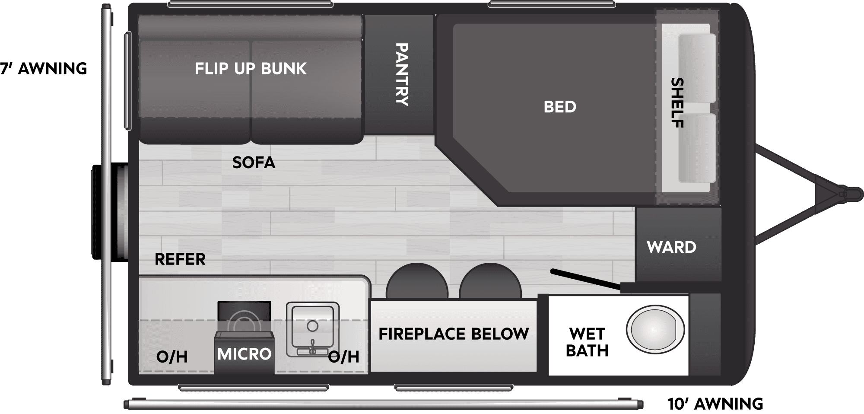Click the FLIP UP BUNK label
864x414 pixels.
(251, 69)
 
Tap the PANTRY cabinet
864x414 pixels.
(399, 74)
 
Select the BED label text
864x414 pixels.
(560, 107)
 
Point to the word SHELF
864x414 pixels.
(677, 103)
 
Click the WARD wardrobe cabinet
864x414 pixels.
(678, 244)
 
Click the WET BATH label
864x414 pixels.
(587, 342)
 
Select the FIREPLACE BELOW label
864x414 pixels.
(454, 334)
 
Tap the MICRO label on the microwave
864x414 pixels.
(244, 354)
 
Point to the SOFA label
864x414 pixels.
(254, 162)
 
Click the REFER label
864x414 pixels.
(180, 259)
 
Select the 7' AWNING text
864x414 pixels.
(44, 69)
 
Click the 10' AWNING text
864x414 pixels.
(715, 404)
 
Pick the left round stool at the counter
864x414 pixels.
(417, 281)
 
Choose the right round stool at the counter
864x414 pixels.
(490, 281)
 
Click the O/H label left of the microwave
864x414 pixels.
(172, 357)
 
